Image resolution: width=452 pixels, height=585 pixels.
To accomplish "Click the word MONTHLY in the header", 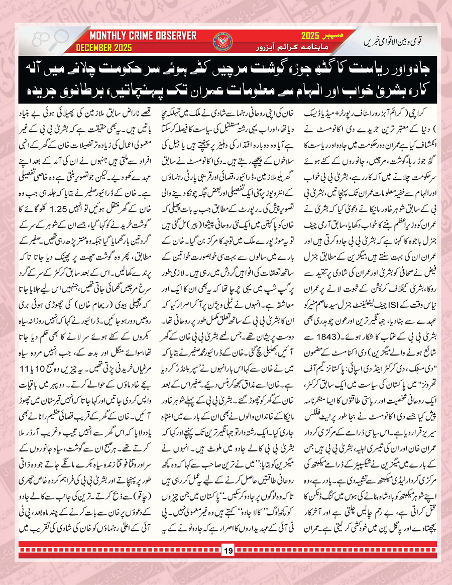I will pyautogui.click(x=109, y=36).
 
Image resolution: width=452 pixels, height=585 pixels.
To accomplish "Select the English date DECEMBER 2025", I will pyautogui.click(x=104, y=48).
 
